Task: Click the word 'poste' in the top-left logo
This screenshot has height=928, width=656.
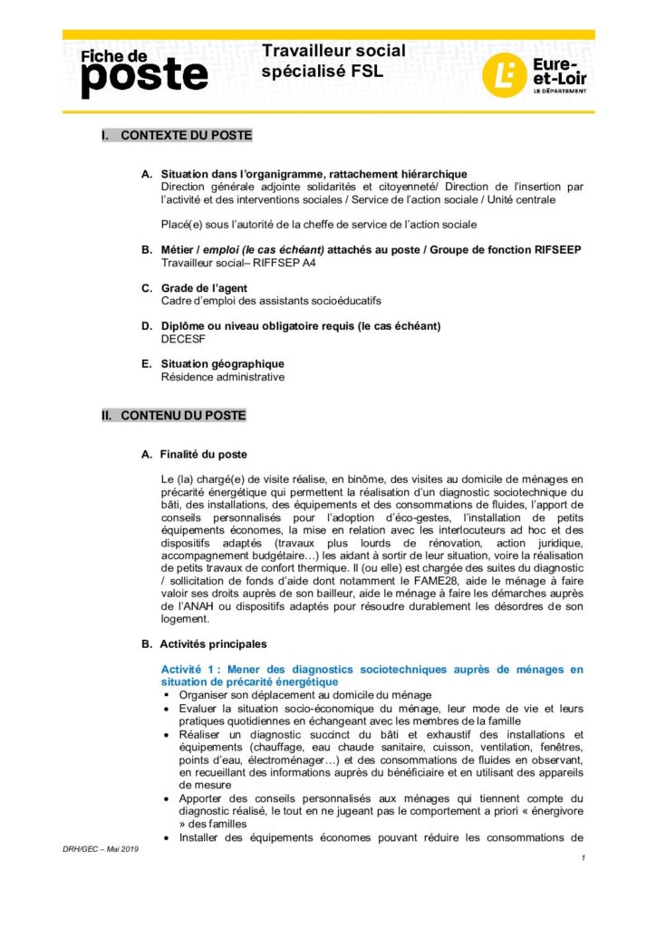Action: (144, 78)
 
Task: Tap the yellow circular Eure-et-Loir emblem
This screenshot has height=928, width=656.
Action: (501, 75)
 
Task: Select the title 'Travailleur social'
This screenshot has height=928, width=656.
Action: (333, 51)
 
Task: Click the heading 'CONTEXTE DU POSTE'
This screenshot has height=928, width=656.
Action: (186, 136)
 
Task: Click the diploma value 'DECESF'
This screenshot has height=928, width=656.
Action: (182, 338)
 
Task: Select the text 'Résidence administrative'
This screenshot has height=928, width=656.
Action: (222, 377)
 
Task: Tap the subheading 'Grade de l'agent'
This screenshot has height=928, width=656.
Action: (204, 288)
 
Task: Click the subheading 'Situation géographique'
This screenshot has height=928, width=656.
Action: (222, 364)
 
